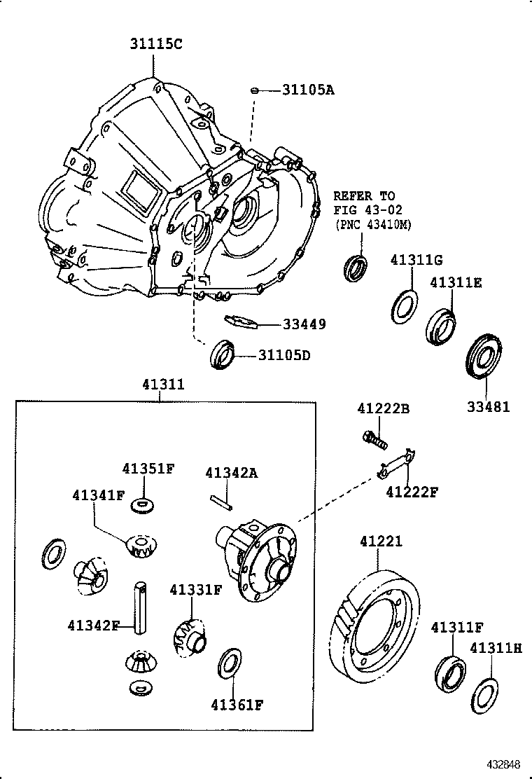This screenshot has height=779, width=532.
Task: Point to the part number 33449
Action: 304,324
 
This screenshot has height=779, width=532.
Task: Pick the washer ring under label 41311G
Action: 403,306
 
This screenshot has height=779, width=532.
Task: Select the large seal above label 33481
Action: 484,358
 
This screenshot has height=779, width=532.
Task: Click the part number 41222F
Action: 411,492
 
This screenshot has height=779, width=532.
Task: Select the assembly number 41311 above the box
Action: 163,385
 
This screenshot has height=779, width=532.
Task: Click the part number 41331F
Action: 195,590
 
